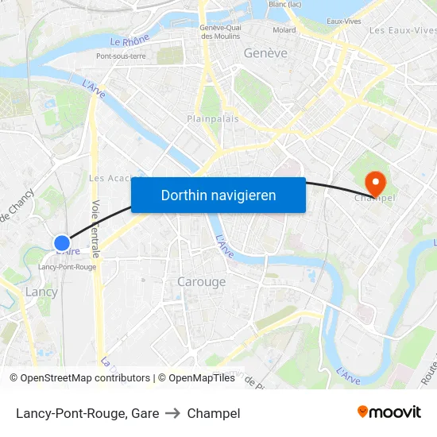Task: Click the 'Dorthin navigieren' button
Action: point(218,195)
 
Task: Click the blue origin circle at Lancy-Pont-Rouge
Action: point(62,242)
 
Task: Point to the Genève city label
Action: point(265,53)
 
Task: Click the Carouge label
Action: point(201,281)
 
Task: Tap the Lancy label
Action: point(41,292)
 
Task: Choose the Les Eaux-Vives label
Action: point(403,30)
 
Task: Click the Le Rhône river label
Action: point(129,41)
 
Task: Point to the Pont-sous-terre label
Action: point(121,56)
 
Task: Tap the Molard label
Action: point(284,30)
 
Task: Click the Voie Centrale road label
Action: point(95,228)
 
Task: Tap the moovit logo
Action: point(389,412)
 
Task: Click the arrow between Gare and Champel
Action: point(172,413)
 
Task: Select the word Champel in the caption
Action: point(214,413)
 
